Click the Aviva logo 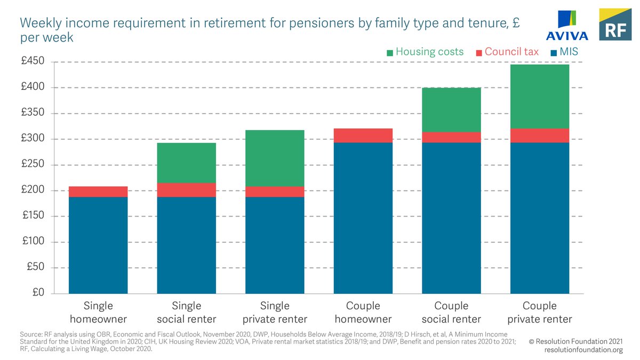click(x=566, y=26)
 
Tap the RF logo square click(x=615, y=25)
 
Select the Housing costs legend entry click(x=425, y=52)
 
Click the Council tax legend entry click(x=507, y=52)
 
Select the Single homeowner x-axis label click(x=98, y=313)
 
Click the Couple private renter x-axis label click(x=540, y=313)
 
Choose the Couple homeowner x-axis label click(x=363, y=313)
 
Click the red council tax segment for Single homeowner click(x=98, y=191)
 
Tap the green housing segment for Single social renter click(x=186, y=163)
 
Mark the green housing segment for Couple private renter click(x=540, y=97)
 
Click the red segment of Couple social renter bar click(x=451, y=137)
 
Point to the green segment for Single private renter click(x=275, y=158)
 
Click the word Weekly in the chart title click(x=38, y=23)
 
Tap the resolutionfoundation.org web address click(x=583, y=349)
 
